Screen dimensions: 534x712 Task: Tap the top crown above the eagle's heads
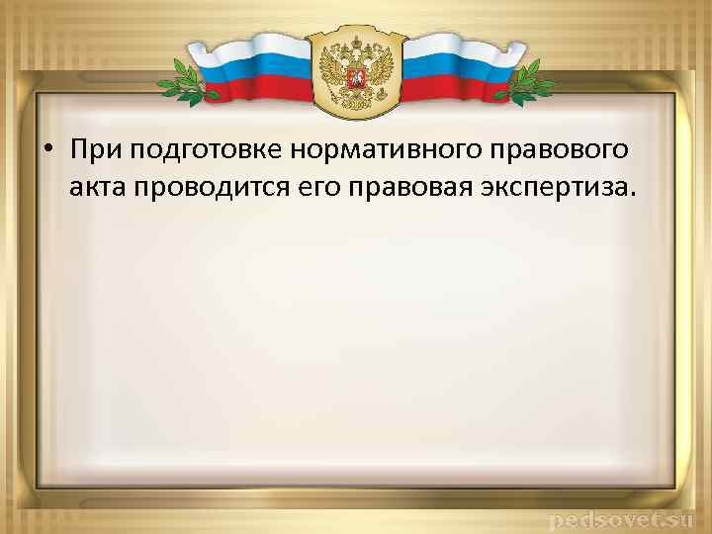pos(356,41)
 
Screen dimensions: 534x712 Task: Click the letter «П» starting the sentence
pos(78,149)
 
